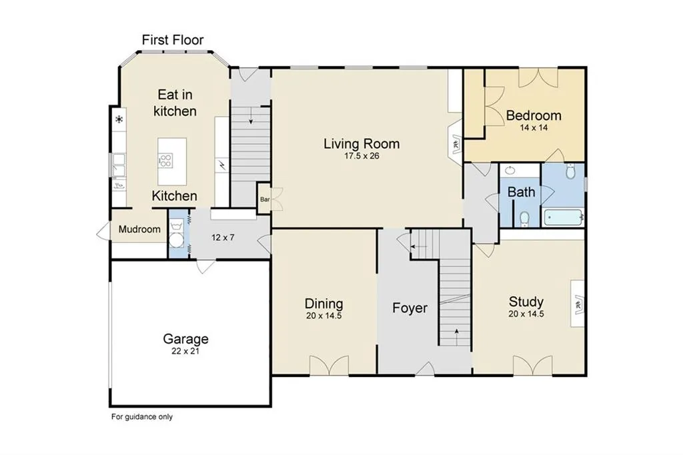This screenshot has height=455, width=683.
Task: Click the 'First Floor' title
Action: (x=173, y=40)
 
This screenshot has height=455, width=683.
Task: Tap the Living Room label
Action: (x=362, y=143)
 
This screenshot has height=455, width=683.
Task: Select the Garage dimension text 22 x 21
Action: (x=185, y=352)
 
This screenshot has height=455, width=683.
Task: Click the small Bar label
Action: (x=265, y=199)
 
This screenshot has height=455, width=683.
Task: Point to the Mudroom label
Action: (x=139, y=230)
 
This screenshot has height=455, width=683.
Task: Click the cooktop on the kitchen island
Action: (x=165, y=160)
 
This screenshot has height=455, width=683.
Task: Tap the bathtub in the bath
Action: (x=564, y=217)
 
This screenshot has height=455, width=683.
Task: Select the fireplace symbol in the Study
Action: (x=579, y=304)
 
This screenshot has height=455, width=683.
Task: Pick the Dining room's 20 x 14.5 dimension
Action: (x=323, y=316)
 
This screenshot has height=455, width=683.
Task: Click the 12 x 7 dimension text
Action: (x=223, y=238)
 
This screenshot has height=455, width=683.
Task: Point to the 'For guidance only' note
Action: (x=142, y=417)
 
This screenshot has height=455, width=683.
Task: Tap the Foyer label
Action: (x=410, y=308)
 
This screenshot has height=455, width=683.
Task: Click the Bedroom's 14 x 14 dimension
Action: (x=534, y=127)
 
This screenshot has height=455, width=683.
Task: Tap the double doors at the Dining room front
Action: (x=329, y=365)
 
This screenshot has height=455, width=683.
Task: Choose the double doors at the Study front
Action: (x=533, y=365)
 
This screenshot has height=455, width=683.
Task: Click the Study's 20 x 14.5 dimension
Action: (x=526, y=314)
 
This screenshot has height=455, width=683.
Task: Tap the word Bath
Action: (x=522, y=191)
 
